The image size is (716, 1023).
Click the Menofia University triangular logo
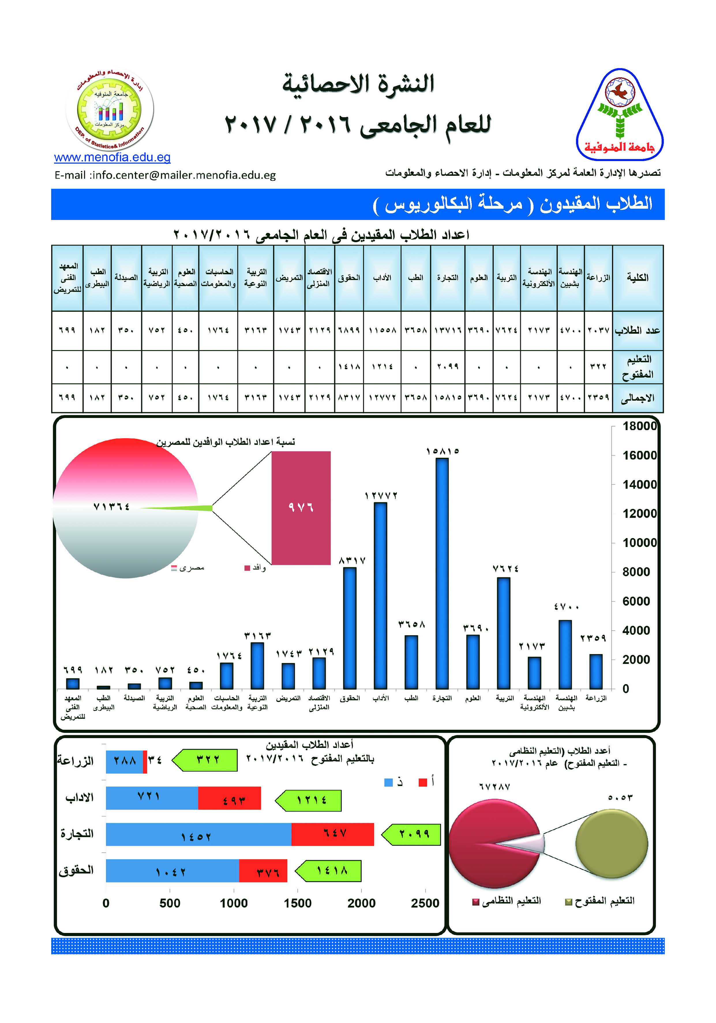(x=619, y=115)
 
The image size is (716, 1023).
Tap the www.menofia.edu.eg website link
(x=112, y=157)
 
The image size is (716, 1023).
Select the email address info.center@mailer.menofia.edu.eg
(x=165, y=175)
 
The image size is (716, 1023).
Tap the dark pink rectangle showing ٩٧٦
(x=301, y=508)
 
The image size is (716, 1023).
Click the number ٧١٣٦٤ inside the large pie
(x=111, y=507)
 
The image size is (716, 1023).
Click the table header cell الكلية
(x=638, y=278)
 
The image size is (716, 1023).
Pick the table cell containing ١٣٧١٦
(x=447, y=330)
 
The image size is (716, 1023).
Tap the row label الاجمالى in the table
(x=638, y=398)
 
